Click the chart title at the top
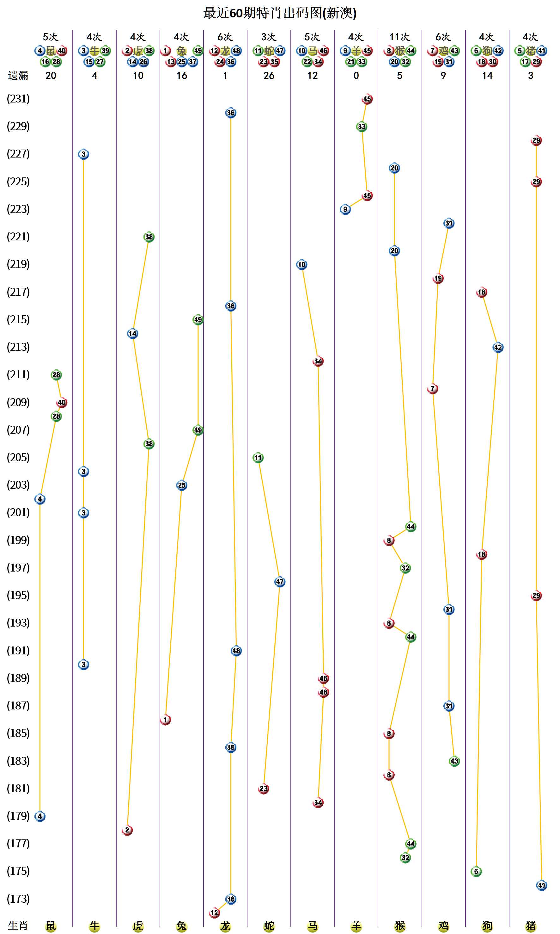click(280, 13)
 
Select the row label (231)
click(18, 99)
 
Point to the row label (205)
click(18, 457)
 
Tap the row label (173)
click(18, 899)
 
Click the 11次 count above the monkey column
click(400, 37)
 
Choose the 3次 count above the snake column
click(269, 37)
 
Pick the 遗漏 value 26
click(269, 76)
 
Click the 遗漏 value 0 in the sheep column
click(356, 76)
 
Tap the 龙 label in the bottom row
click(225, 926)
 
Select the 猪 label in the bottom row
click(531, 926)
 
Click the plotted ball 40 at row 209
click(62, 403)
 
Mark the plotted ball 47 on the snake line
click(280, 582)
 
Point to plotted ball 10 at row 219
click(301, 264)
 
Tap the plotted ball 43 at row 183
click(454, 761)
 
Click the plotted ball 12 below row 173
click(214, 913)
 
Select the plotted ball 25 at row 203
click(181, 485)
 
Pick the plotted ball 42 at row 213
click(498, 348)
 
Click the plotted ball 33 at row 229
click(362, 127)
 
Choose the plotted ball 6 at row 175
click(476, 871)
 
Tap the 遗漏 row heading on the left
click(18, 76)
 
